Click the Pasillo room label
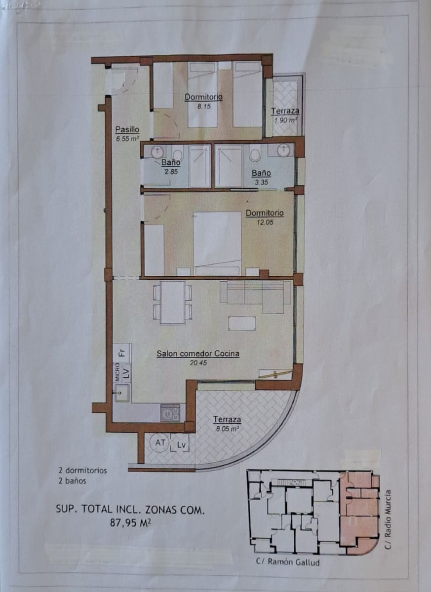tap(127, 130)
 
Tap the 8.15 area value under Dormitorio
tap(204, 106)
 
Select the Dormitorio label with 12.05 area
tap(265, 213)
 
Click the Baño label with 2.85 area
tap(171, 162)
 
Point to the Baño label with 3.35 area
tap(261, 173)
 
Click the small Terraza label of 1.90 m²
tap(285, 111)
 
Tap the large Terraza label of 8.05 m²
tap(227, 419)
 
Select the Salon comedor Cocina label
tap(198, 353)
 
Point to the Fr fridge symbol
tap(122, 352)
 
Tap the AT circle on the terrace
tap(160, 443)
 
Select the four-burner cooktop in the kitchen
tap(170, 412)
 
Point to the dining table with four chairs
tap(172, 302)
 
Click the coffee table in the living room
tap(241, 323)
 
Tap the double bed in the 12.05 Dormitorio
tap(217, 243)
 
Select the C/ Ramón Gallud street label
tap(288, 561)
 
